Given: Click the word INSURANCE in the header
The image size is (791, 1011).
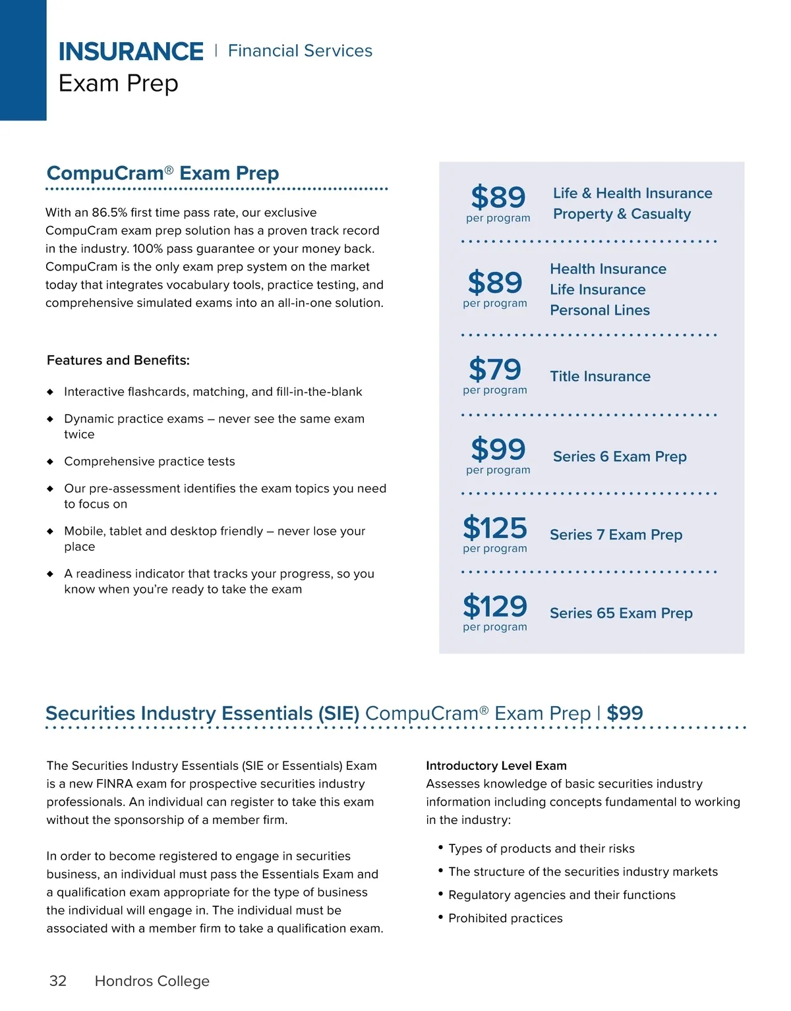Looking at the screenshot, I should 131,51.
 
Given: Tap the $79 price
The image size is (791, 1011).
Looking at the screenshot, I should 495,369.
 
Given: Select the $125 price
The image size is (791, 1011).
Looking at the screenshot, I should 495,528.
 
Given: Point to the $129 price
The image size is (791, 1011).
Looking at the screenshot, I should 495,607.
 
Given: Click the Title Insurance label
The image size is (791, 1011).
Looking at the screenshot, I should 600,376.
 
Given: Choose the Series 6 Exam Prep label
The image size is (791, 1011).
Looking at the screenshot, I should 620,456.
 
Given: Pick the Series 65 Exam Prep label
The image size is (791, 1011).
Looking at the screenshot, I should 621,613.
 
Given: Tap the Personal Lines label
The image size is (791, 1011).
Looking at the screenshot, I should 600,310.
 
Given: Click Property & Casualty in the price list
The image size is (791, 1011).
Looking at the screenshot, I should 622,214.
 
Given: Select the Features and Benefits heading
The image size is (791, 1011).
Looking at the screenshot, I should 118,360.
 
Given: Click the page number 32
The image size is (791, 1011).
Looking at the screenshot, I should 58,981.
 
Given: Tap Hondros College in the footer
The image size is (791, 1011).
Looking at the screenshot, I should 152,981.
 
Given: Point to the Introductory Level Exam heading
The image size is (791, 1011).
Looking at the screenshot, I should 496,765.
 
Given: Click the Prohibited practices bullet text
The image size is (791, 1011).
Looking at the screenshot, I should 506,918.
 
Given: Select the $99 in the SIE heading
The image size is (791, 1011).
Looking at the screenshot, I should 625,713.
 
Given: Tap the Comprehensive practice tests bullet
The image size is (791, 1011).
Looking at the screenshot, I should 150,462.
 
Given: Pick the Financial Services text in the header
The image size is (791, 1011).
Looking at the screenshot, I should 300,51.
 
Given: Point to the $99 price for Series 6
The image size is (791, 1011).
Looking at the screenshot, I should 498,450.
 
